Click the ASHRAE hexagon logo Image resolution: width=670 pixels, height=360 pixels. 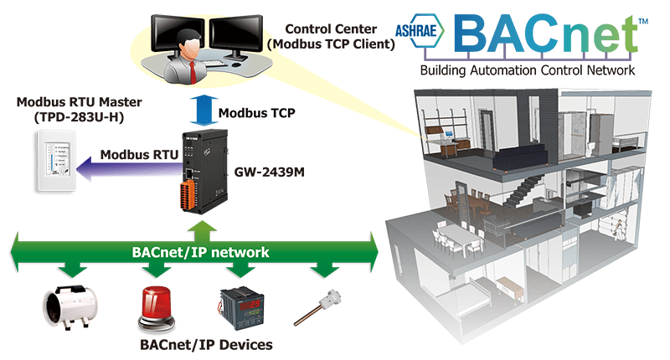pos(420,30)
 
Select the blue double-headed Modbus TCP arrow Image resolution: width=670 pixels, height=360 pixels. pos(204,111)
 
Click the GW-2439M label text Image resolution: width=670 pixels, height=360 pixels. pos(269,172)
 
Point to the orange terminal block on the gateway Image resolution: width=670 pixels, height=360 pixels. pos(188,196)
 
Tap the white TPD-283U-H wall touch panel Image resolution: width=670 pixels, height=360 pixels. pos(56,161)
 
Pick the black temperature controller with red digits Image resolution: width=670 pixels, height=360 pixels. pos(241,308)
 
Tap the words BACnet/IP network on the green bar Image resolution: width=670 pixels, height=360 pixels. pos(200,252)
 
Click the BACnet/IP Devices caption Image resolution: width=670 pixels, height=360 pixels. pos(206,345)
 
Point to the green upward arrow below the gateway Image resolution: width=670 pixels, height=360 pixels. pos(202,232)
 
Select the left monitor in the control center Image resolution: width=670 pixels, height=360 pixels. pos(178,35)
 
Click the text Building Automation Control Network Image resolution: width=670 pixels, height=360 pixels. pos(528,70)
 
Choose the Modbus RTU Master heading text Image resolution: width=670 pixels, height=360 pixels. pos(79,102)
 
